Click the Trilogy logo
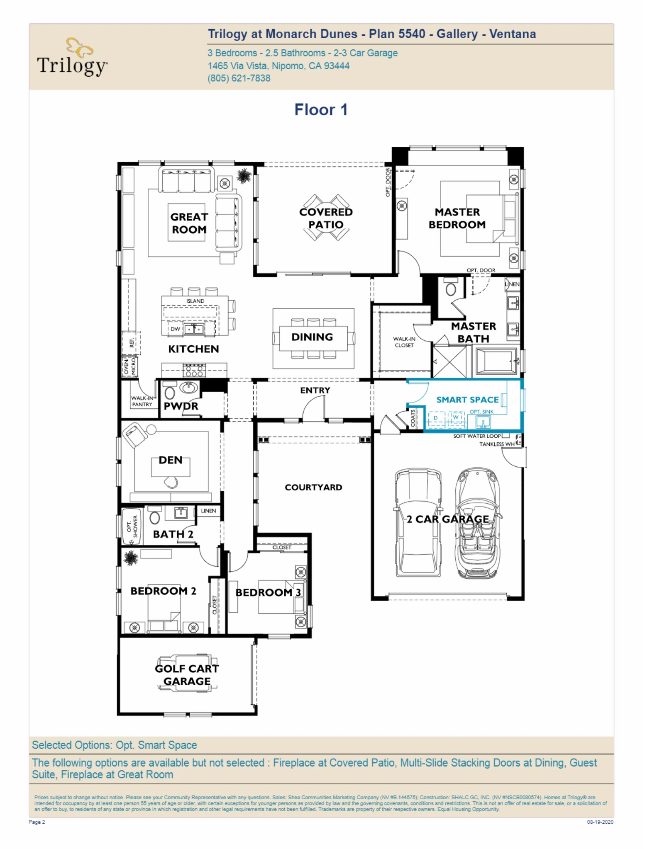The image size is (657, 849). (x=73, y=58)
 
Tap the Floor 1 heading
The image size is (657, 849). (x=321, y=110)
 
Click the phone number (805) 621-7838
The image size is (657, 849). (x=239, y=78)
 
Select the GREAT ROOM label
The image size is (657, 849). (x=189, y=223)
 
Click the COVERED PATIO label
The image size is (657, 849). (x=326, y=218)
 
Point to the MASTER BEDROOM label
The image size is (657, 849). (x=457, y=218)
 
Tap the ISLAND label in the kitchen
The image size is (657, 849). (x=195, y=301)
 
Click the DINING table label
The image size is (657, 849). (x=312, y=337)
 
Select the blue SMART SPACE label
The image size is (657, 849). (x=467, y=400)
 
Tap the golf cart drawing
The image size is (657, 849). (x=187, y=674)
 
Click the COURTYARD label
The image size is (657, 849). (x=313, y=487)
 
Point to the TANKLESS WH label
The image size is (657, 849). (x=497, y=444)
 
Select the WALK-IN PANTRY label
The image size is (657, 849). (x=142, y=401)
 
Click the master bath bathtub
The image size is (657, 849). (x=496, y=361)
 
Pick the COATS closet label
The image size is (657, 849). (x=413, y=418)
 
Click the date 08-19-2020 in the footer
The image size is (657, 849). (x=600, y=822)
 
